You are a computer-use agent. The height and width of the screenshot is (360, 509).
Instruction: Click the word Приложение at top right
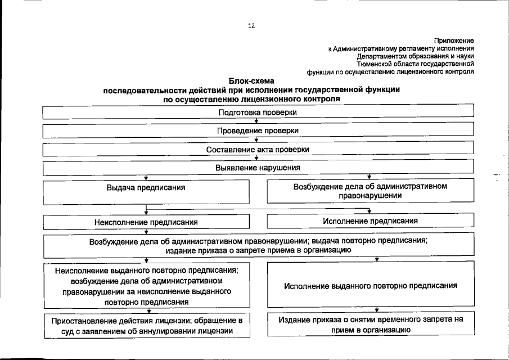pos(454,40)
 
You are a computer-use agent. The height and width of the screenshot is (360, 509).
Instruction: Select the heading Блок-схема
pos(251,82)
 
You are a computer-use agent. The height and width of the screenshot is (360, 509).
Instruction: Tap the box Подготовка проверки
pos(258,112)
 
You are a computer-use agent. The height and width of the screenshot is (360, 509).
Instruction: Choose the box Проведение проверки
pos(258,130)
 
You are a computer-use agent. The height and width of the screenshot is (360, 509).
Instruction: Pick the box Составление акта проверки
pos(258,150)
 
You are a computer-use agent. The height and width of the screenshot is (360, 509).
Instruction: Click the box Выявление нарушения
pos(258,168)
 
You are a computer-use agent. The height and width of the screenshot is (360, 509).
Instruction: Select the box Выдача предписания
pos(146,192)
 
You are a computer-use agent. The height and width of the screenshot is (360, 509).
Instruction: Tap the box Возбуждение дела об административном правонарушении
pos(370,191)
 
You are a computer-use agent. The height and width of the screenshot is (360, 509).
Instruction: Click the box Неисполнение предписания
pos(146,222)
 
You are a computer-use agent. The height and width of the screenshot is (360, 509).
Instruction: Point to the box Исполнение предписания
pos(370,221)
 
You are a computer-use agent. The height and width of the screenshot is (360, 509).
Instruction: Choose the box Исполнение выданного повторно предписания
pos(370,285)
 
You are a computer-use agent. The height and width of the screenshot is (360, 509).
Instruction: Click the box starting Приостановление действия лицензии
pos(146,325)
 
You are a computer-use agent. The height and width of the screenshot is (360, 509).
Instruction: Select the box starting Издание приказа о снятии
pos(370,325)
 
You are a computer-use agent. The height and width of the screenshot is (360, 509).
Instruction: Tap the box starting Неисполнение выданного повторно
pos(146,286)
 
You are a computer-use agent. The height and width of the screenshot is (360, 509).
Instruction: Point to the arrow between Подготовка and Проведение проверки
pos(256,121)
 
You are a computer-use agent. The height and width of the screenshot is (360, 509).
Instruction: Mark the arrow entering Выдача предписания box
pos(146,177)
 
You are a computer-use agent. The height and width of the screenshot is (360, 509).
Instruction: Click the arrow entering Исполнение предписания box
pos(369,211)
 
